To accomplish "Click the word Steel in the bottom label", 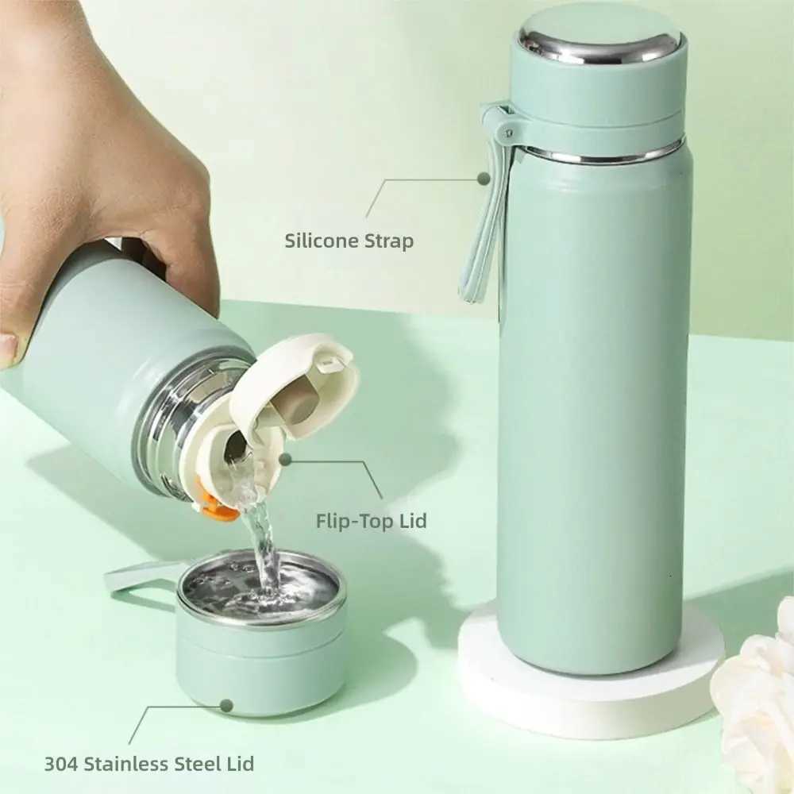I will point(194,764).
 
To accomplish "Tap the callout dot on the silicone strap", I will point(483,179).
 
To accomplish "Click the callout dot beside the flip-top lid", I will point(285,459).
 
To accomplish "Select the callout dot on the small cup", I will point(226,705).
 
